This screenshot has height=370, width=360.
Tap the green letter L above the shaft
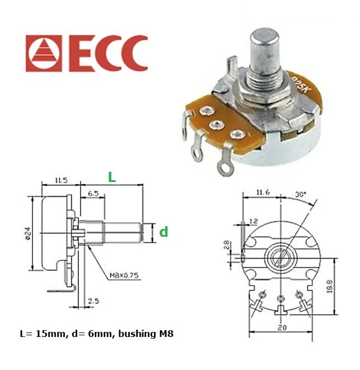112,177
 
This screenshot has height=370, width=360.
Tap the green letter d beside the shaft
163,231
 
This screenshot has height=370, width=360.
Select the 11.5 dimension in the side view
62,180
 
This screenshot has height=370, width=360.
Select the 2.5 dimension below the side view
93,302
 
